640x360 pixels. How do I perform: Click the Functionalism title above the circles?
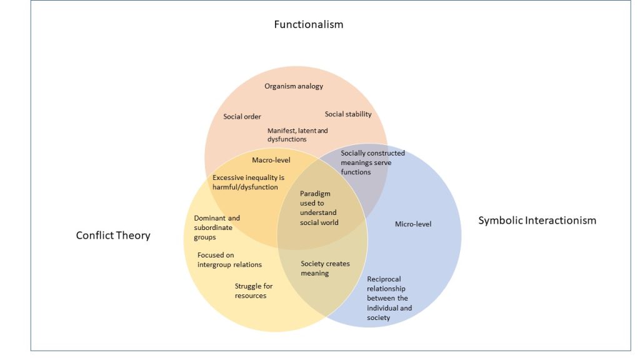pos(309,25)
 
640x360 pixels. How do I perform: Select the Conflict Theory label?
pos(113,236)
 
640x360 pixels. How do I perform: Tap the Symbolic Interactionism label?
pos(537,221)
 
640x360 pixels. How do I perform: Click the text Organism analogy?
pos(294,86)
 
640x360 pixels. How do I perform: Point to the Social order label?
pos(242,117)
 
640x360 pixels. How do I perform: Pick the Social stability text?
pos(348,114)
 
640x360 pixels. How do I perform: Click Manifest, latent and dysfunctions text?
pos(297,135)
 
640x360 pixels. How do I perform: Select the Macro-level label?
pos(271,161)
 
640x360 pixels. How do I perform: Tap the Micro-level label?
pos(413,224)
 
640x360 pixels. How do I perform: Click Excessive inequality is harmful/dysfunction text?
pos(248,182)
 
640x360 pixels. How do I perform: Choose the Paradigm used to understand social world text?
pos(318,208)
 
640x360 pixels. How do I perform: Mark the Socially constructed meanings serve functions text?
pos(372,162)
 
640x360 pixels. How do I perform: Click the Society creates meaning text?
pos(325,269)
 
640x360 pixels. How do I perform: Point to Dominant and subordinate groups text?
pos(217,227)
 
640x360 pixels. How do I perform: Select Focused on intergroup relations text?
pos(229,260)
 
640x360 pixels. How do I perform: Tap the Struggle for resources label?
pos(253,291)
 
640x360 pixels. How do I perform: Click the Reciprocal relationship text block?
pos(389,298)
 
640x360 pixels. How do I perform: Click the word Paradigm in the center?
pos(315,194)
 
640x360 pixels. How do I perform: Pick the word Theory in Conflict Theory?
pos(133,236)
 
